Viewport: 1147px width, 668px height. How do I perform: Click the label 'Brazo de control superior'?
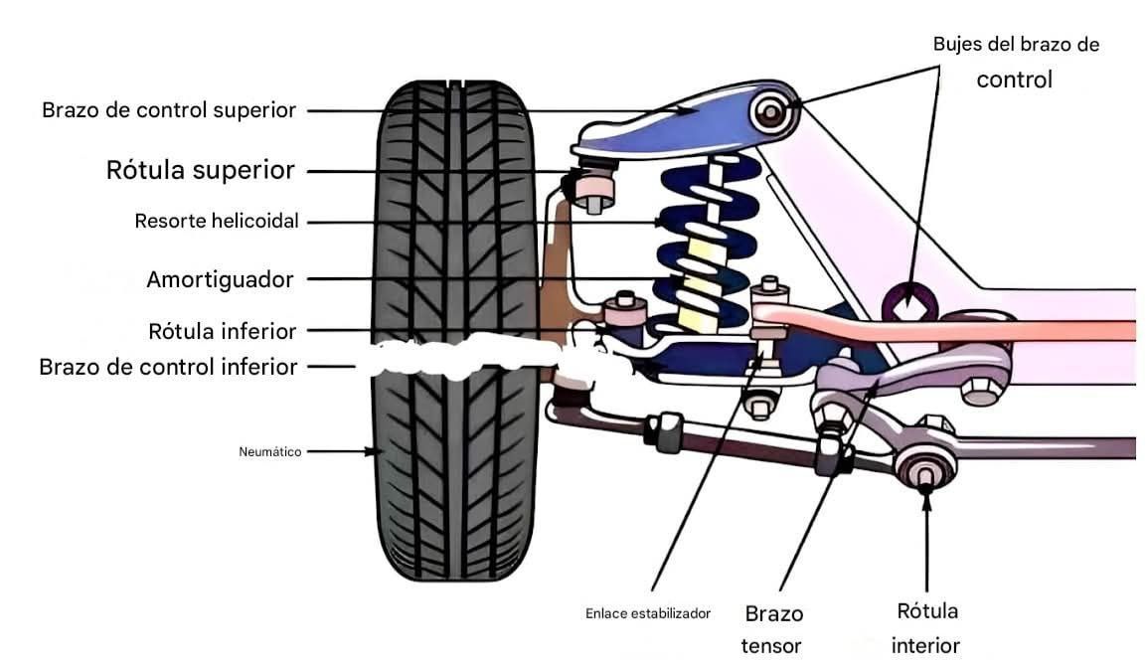[x=169, y=110]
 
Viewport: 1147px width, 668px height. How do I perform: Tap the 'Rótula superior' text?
[x=200, y=171]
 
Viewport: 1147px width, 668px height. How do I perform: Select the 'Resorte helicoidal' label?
[x=217, y=222]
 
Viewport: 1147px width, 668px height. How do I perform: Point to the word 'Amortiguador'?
[x=220, y=280]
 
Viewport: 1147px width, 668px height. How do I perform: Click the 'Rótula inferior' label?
[x=222, y=331]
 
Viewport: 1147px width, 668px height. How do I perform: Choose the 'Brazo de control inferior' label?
[x=168, y=367]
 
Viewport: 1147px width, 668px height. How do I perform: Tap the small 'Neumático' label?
[x=270, y=451]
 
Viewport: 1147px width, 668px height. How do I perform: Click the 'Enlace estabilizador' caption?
[x=648, y=613]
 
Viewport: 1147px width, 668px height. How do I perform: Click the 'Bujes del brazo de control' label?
[x=1015, y=62]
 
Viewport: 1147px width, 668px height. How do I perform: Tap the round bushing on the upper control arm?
[x=770, y=111]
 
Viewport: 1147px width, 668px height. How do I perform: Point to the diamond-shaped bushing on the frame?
[x=906, y=302]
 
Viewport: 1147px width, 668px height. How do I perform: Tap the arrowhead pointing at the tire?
[x=377, y=451]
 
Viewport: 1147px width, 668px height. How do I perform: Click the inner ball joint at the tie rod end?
[x=924, y=466]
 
